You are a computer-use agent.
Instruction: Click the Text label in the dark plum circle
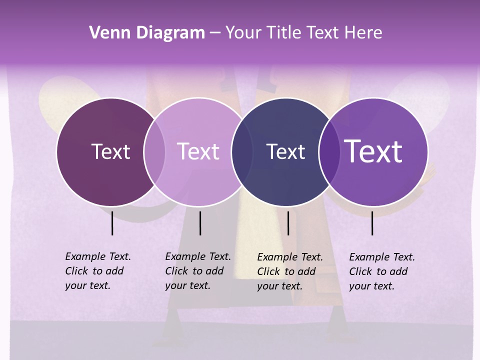pos(110,151)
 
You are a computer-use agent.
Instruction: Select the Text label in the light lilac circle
pos(198,151)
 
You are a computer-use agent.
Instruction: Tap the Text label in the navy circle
pos(285,151)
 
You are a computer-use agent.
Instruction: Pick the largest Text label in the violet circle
pos(373,151)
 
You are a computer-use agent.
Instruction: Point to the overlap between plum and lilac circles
pos(154,152)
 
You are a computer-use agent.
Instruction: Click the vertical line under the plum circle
pos(112,223)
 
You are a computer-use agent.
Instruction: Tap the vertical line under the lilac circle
pos(200,223)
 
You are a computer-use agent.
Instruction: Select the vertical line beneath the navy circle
pos(288,223)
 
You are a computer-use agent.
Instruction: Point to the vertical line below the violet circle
pos(372,223)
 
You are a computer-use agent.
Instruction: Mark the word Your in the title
pos(243,33)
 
